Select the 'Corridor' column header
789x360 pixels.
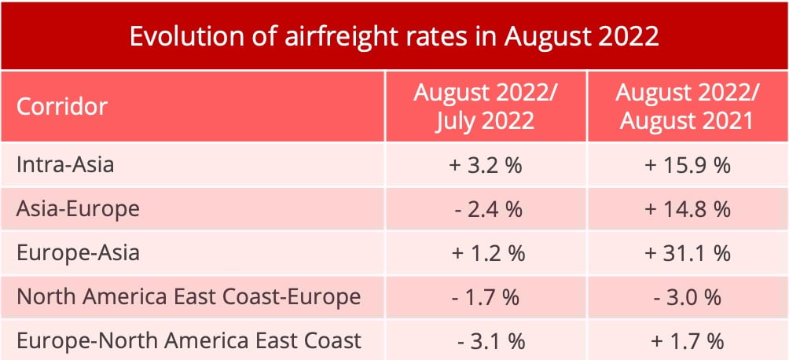point(62,106)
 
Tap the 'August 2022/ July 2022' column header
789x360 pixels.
point(486,106)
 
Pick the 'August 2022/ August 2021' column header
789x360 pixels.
point(687,106)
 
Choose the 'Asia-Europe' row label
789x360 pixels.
point(78,209)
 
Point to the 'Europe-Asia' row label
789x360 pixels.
point(78,253)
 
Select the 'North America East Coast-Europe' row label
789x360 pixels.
point(189,297)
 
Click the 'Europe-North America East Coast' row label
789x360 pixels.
point(189,340)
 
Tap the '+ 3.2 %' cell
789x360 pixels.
point(486,166)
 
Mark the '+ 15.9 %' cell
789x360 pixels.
point(687,166)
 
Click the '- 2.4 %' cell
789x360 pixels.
point(486,210)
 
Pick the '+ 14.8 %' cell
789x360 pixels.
point(687,210)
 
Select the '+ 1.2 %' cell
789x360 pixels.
point(486,254)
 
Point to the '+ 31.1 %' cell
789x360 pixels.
point(687,254)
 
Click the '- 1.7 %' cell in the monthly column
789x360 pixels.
point(486,298)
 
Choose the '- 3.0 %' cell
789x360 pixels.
point(687,298)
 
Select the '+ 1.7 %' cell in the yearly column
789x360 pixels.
point(687,341)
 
